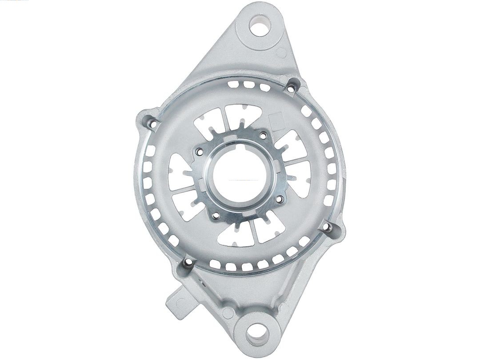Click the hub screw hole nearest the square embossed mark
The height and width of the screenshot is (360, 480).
tap(262, 135)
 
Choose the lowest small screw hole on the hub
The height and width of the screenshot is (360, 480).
tap(216, 216)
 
